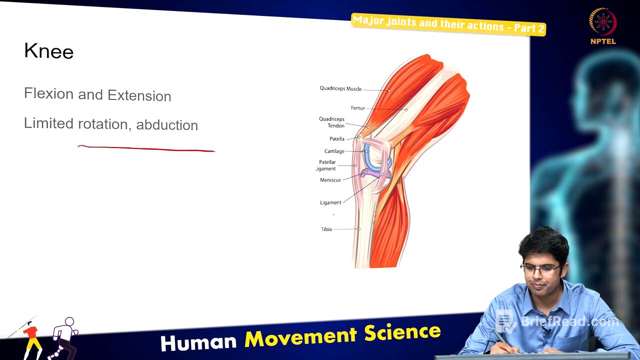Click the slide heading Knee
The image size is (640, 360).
coord(48,51)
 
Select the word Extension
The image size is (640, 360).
coord(139,95)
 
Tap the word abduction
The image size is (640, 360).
coord(167,125)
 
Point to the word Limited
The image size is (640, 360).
coord(48,123)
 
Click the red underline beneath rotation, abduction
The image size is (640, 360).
coord(146,148)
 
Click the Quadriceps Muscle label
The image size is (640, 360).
coord(340,88)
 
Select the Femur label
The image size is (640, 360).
coord(357,108)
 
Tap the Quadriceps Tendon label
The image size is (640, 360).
coord(332,122)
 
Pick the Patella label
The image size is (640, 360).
coord(336,139)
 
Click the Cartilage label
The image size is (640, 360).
coord(334,151)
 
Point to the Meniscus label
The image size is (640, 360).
coord(330,180)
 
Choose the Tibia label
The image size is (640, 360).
coord(326,229)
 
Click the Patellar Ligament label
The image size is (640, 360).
coord(327,165)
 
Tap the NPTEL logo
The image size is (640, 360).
coord(603,26)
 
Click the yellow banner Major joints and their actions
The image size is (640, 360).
coord(448,24)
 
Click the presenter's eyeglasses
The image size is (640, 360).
coord(540,270)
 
